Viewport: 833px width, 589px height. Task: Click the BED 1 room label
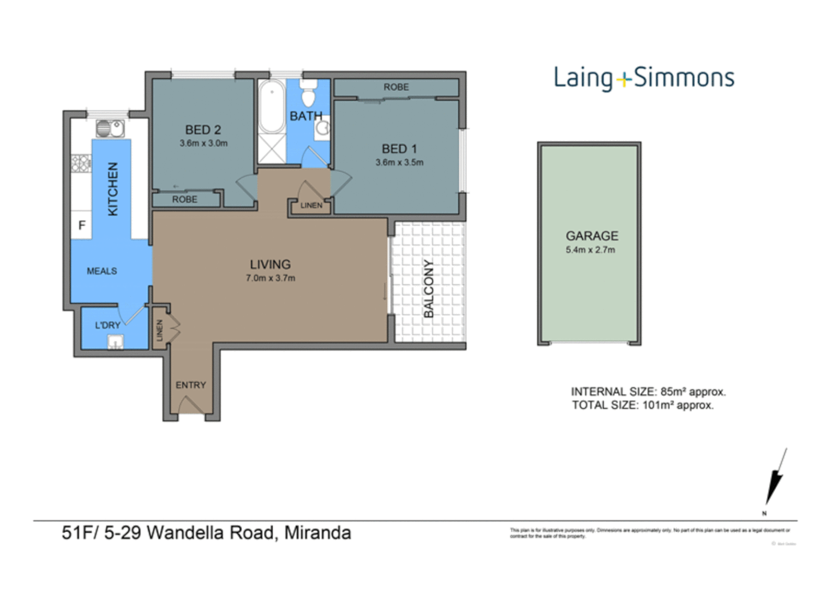click(399, 149)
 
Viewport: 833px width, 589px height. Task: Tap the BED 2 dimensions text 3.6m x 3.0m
click(203, 143)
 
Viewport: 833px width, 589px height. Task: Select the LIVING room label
click(270, 265)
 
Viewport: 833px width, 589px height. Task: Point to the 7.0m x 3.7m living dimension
click(270, 278)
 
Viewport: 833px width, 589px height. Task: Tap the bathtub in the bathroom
click(272, 106)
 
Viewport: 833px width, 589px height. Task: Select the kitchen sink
click(110, 129)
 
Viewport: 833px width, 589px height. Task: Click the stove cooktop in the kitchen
click(81, 163)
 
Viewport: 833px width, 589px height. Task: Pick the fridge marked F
click(82, 225)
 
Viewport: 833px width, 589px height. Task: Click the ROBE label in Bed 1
click(396, 87)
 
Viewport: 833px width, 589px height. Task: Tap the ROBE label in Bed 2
click(185, 200)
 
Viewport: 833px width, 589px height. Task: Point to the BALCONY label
click(429, 289)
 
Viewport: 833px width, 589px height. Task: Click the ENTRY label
click(190, 385)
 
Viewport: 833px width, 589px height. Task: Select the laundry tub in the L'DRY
click(115, 342)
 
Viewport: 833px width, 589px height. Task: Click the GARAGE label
click(592, 236)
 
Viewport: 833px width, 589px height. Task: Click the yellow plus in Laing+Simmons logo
click(623, 81)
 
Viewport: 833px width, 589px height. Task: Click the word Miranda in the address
click(317, 532)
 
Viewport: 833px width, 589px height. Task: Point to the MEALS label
click(102, 271)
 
